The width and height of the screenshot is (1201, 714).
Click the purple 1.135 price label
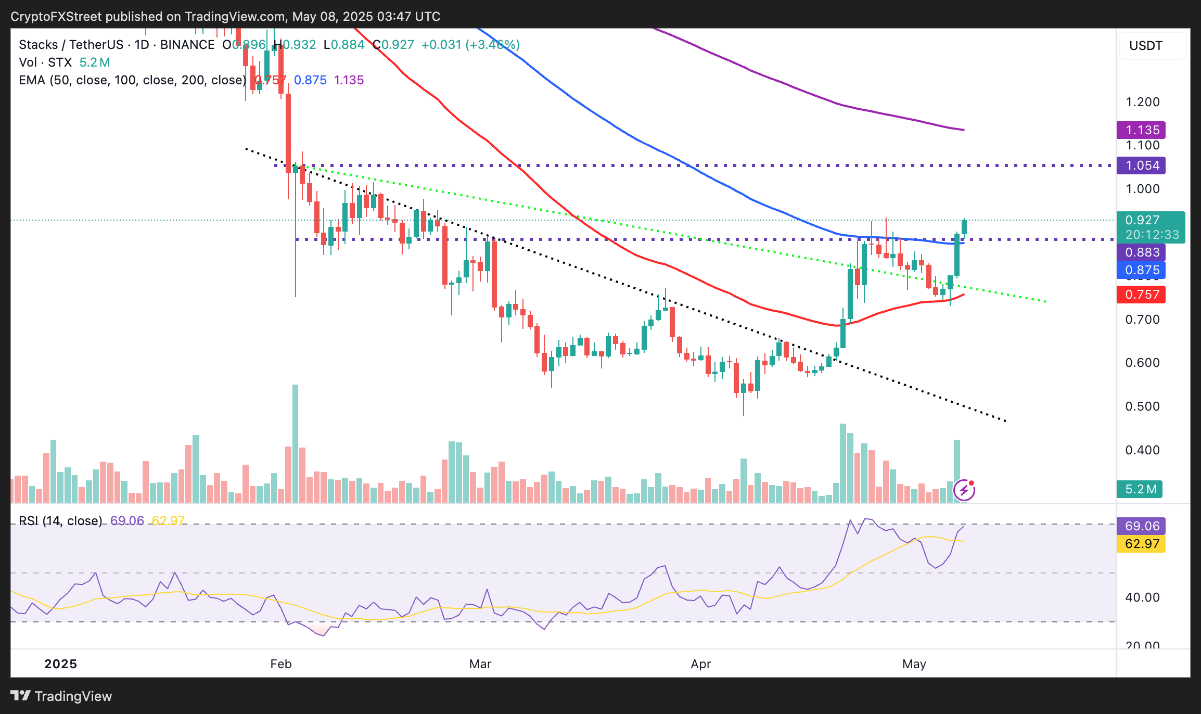[x=1141, y=130]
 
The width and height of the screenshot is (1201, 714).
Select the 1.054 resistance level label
[x=1141, y=165]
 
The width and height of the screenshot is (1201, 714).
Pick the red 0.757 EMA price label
[x=1141, y=295]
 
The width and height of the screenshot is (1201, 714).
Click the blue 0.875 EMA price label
[x=1141, y=270]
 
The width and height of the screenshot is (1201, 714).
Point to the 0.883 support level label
[x=1141, y=252]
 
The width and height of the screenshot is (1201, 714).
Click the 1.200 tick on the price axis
[x=1142, y=102]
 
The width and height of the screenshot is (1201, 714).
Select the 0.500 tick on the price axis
[x=1142, y=406]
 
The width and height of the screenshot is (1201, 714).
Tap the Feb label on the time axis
[x=281, y=664]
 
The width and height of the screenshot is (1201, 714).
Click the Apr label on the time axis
[x=700, y=664]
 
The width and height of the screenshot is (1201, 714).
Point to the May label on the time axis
[x=914, y=664]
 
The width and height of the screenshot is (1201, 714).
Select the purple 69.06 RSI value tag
[x=1141, y=526]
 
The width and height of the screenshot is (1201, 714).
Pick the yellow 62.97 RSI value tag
[x=1141, y=544]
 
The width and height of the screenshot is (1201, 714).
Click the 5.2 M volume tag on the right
[x=1139, y=489]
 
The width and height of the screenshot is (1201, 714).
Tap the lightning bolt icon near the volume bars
[x=964, y=490]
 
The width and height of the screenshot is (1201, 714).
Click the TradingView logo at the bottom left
[x=61, y=696]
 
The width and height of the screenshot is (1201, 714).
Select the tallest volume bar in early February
[x=296, y=442]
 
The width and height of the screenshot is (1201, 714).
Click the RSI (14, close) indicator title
[x=60, y=521]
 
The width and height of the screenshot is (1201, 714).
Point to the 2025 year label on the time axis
[x=60, y=664]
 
